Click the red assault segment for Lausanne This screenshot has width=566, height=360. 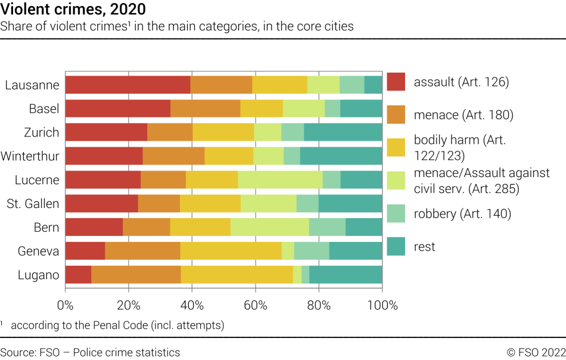pos(127,85)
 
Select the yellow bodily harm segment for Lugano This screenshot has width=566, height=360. pos(237,275)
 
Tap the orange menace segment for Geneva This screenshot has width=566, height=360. pos(142,251)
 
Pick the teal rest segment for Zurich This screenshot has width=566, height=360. pos(343,132)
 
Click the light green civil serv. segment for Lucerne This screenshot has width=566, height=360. pos(280,180)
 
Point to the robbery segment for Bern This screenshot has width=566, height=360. pos(327,227)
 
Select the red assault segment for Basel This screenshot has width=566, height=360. pos(117,108)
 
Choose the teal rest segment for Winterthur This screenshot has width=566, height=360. pos(341,156)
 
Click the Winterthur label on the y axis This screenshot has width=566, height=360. pos(30,157)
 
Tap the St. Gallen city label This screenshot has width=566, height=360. pos(33,204)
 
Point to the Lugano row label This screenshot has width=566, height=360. pos(38,275)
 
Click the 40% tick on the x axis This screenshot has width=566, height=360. pos(192,305)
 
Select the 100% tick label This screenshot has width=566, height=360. pos(382,305)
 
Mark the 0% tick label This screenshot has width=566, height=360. pos(65,305)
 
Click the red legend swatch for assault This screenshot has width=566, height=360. pos(396,82)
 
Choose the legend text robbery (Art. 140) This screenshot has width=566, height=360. pos(462,213)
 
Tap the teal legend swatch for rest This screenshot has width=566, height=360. pos(396,246)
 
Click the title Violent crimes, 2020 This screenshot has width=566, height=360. pos(73,10)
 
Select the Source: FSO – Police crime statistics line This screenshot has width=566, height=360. pos(90,352)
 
